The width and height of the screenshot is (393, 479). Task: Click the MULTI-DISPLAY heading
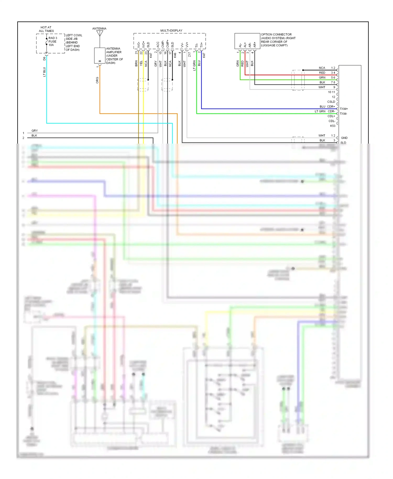(x=171, y=30)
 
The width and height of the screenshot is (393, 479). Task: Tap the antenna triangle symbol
(x=100, y=33)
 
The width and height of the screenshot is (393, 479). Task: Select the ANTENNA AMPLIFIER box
(x=100, y=55)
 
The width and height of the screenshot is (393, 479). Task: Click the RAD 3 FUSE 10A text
(x=53, y=41)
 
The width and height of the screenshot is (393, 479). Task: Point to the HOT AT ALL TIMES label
(x=46, y=29)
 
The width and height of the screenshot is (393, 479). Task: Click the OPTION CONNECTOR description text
(x=278, y=40)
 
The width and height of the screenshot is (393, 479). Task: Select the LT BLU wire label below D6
(x=44, y=72)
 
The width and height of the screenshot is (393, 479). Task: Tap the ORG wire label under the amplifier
(x=97, y=80)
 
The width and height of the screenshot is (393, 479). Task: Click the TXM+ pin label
(x=344, y=109)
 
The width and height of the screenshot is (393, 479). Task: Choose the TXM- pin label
(x=343, y=114)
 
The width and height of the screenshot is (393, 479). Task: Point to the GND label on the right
(x=344, y=138)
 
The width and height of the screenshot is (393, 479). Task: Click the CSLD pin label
(x=331, y=102)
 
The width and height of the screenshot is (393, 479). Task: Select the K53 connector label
(x=332, y=126)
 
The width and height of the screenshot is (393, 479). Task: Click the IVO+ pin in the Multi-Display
(x=143, y=44)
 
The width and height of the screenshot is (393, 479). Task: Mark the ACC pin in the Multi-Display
(x=158, y=45)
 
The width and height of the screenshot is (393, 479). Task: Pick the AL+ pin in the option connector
(x=245, y=45)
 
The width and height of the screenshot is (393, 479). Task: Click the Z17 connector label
(x=189, y=55)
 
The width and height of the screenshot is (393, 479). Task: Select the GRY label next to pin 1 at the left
(x=35, y=130)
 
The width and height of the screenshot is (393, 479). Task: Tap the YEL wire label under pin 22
(x=141, y=63)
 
